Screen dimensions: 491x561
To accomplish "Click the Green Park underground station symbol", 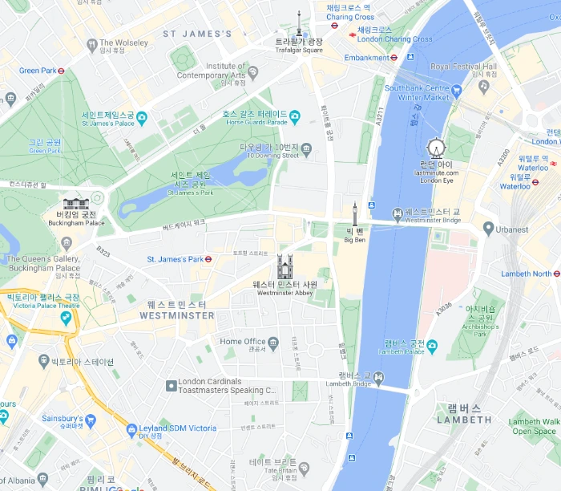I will (x=61, y=71).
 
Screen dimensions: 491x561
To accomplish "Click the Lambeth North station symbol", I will (x=557, y=274).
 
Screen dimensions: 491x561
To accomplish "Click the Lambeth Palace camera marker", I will (x=432, y=346).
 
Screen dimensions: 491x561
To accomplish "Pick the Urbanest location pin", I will (x=488, y=229).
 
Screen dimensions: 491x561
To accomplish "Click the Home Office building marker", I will (x=274, y=343).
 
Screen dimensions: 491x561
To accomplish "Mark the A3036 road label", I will (x=445, y=307).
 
